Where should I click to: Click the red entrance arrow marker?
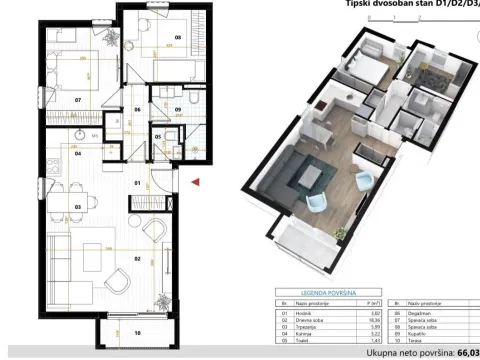click(196, 182)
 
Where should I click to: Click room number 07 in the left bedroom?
click(76, 100)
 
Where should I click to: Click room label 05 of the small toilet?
click(158, 137)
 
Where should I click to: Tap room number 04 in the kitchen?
click(77, 153)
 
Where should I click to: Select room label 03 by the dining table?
click(77, 206)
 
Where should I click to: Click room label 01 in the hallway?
click(138, 184)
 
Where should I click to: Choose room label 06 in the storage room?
click(138, 109)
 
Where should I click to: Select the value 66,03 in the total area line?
click(468, 352)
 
